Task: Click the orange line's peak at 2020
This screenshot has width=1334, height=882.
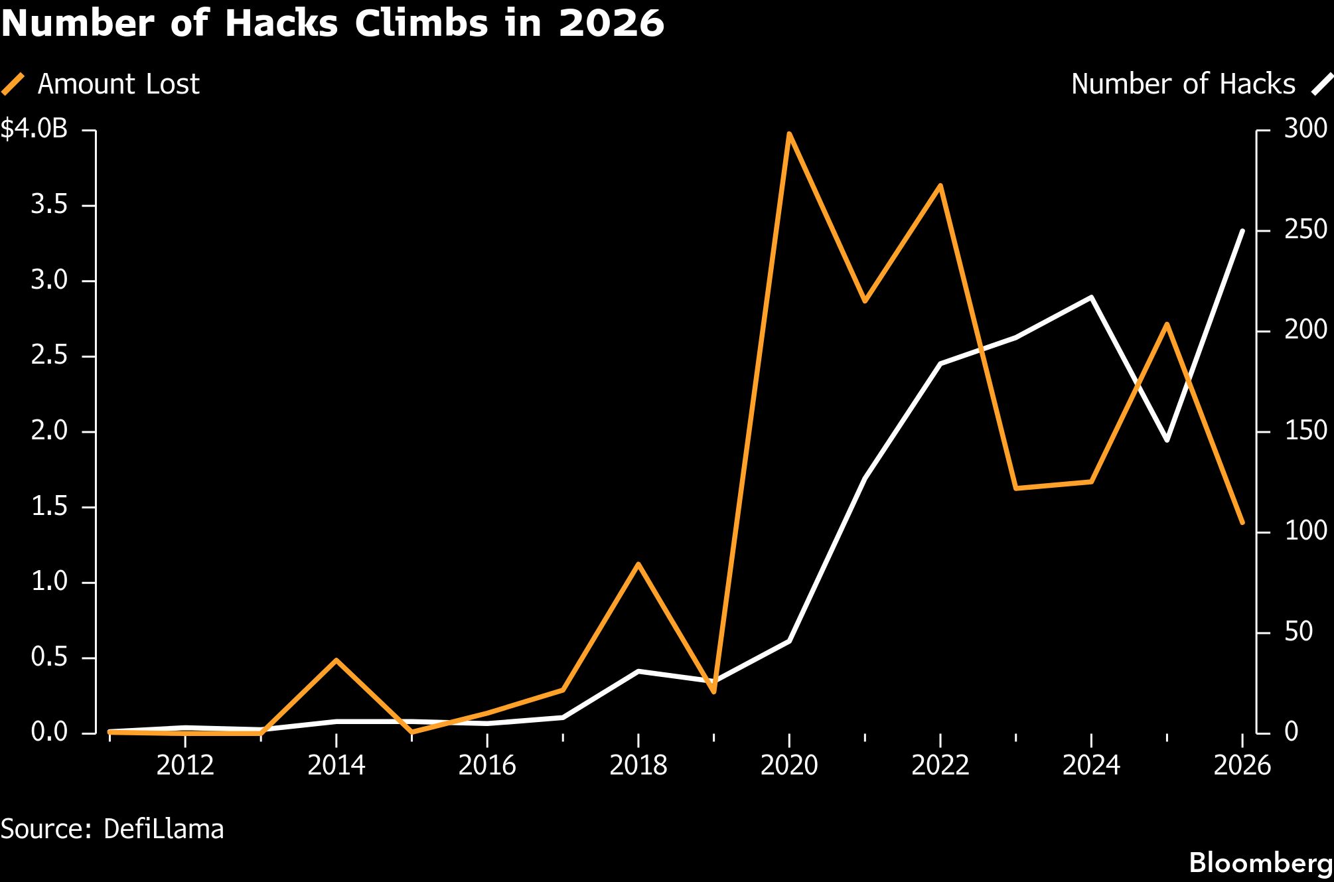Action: coord(789,134)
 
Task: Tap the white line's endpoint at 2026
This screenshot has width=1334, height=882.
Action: coord(1242,230)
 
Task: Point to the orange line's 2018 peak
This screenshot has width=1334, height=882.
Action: coord(638,564)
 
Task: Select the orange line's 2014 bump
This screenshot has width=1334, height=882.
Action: coord(336,660)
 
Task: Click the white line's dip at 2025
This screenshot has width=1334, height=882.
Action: coord(1167,440)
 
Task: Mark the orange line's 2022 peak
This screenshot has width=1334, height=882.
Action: coord(940,186)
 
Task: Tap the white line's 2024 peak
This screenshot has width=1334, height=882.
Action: coord(1091,297)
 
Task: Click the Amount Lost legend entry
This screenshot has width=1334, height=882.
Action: coord(101,84)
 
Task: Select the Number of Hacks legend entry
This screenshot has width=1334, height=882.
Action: coord(1201,84)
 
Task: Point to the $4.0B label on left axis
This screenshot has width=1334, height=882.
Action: coord(35,129)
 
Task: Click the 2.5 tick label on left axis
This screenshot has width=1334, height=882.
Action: coord(50,356)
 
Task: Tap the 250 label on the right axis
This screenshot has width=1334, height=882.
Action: coord(1305,230)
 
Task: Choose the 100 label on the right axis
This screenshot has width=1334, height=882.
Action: coord(1305,530)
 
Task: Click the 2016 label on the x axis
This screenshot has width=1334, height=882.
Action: coord(487,765)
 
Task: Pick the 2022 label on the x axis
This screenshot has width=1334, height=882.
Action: coord(940,765)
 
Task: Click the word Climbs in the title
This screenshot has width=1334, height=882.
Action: coord(419,24)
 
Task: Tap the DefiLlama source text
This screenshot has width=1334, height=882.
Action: coord(164,829)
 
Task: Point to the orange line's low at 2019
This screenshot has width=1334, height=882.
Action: coord(713,692)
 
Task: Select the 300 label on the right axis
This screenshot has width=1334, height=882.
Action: coord(1305,129)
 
